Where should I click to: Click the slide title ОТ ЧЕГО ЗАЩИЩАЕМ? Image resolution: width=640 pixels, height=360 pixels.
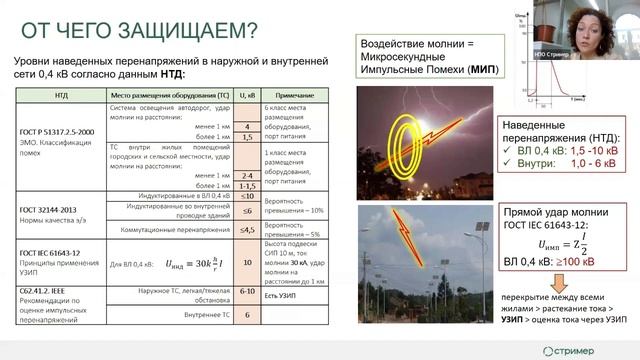[x=133, y=29]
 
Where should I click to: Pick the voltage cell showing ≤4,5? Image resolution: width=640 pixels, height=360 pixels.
[x=246, y=229]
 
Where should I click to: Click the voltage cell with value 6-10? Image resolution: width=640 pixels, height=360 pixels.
[x=246, y=291]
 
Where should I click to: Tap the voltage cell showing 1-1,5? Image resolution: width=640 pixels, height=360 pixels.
[x=246, y=185]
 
